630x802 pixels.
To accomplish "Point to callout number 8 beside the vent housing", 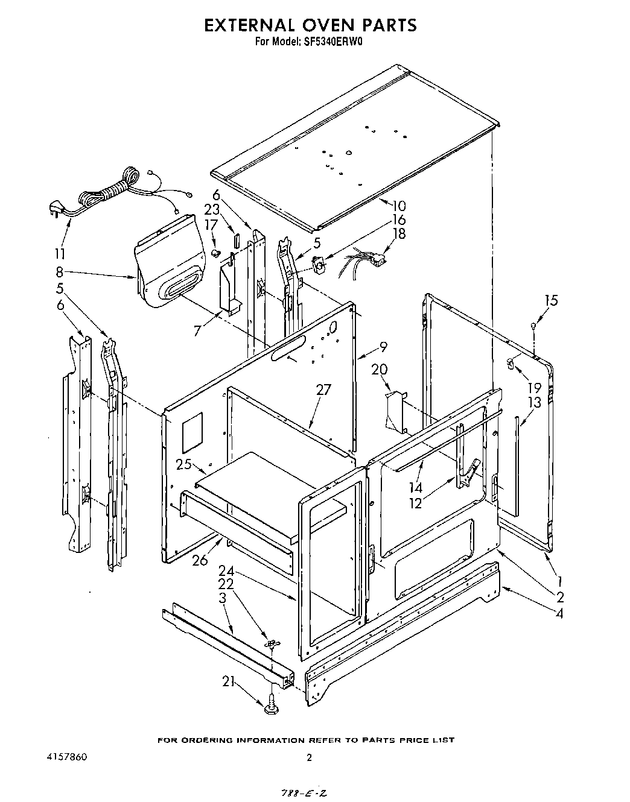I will click(59, 271).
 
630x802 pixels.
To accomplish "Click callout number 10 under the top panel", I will click(398, 206).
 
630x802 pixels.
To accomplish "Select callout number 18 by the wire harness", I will click(399, 234).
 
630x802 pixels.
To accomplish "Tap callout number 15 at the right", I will click(551, 300).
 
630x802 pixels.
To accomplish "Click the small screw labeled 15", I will click(533, 326).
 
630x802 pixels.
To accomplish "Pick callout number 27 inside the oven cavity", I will click(324, 390).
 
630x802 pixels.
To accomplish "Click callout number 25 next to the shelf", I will click(183, 464).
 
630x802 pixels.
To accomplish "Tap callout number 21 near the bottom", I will click(228, 682).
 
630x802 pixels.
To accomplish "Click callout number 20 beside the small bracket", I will click(380, 369).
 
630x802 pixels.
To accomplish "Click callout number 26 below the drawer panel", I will click(200, 560).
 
